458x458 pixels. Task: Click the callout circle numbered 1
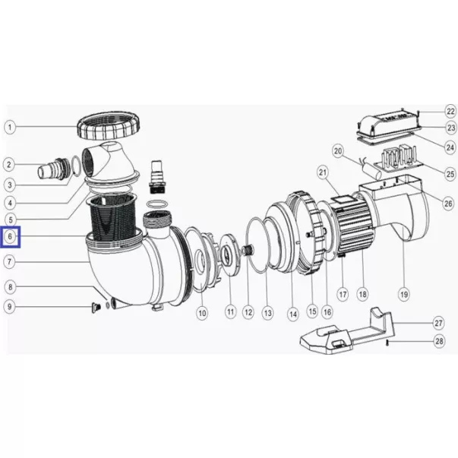(10, 128)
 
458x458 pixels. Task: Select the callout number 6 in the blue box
(10, 236)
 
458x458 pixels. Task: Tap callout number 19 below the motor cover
(404, 295)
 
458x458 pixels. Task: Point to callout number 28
(440, 341)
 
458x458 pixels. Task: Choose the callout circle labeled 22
(451, 112)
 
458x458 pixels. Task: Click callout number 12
(248, 312)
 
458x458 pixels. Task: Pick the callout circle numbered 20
(338, 151)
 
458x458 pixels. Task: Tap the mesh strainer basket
(112, 216)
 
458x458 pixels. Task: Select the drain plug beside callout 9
(96, 308)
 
